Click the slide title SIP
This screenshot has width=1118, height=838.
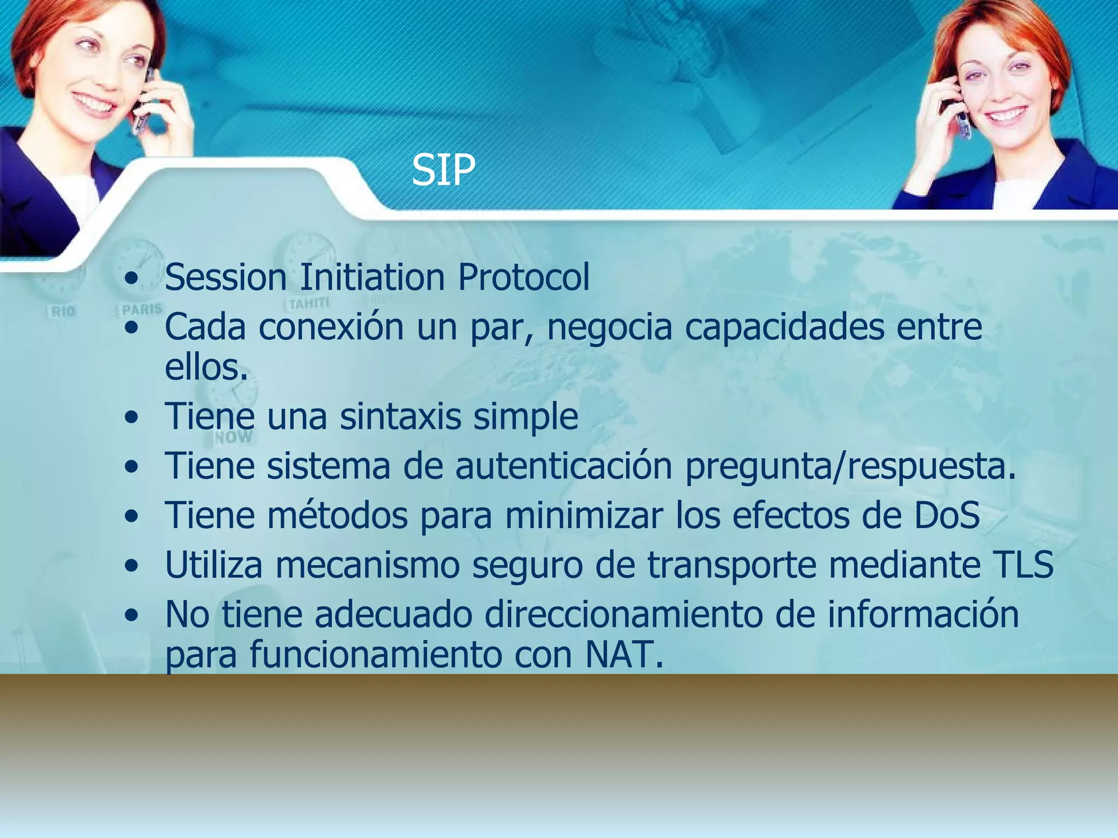point(443,170)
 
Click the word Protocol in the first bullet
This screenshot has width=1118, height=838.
point(524,277)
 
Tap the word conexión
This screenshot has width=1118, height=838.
point(331,327)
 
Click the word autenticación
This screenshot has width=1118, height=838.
point(563,466)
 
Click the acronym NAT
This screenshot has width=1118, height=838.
point(624,654)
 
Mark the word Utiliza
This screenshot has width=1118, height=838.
point(214,565)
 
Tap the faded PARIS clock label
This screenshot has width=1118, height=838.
point(142,309)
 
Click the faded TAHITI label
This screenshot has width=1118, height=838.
point(309,303)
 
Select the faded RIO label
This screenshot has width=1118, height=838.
point(63,312)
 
